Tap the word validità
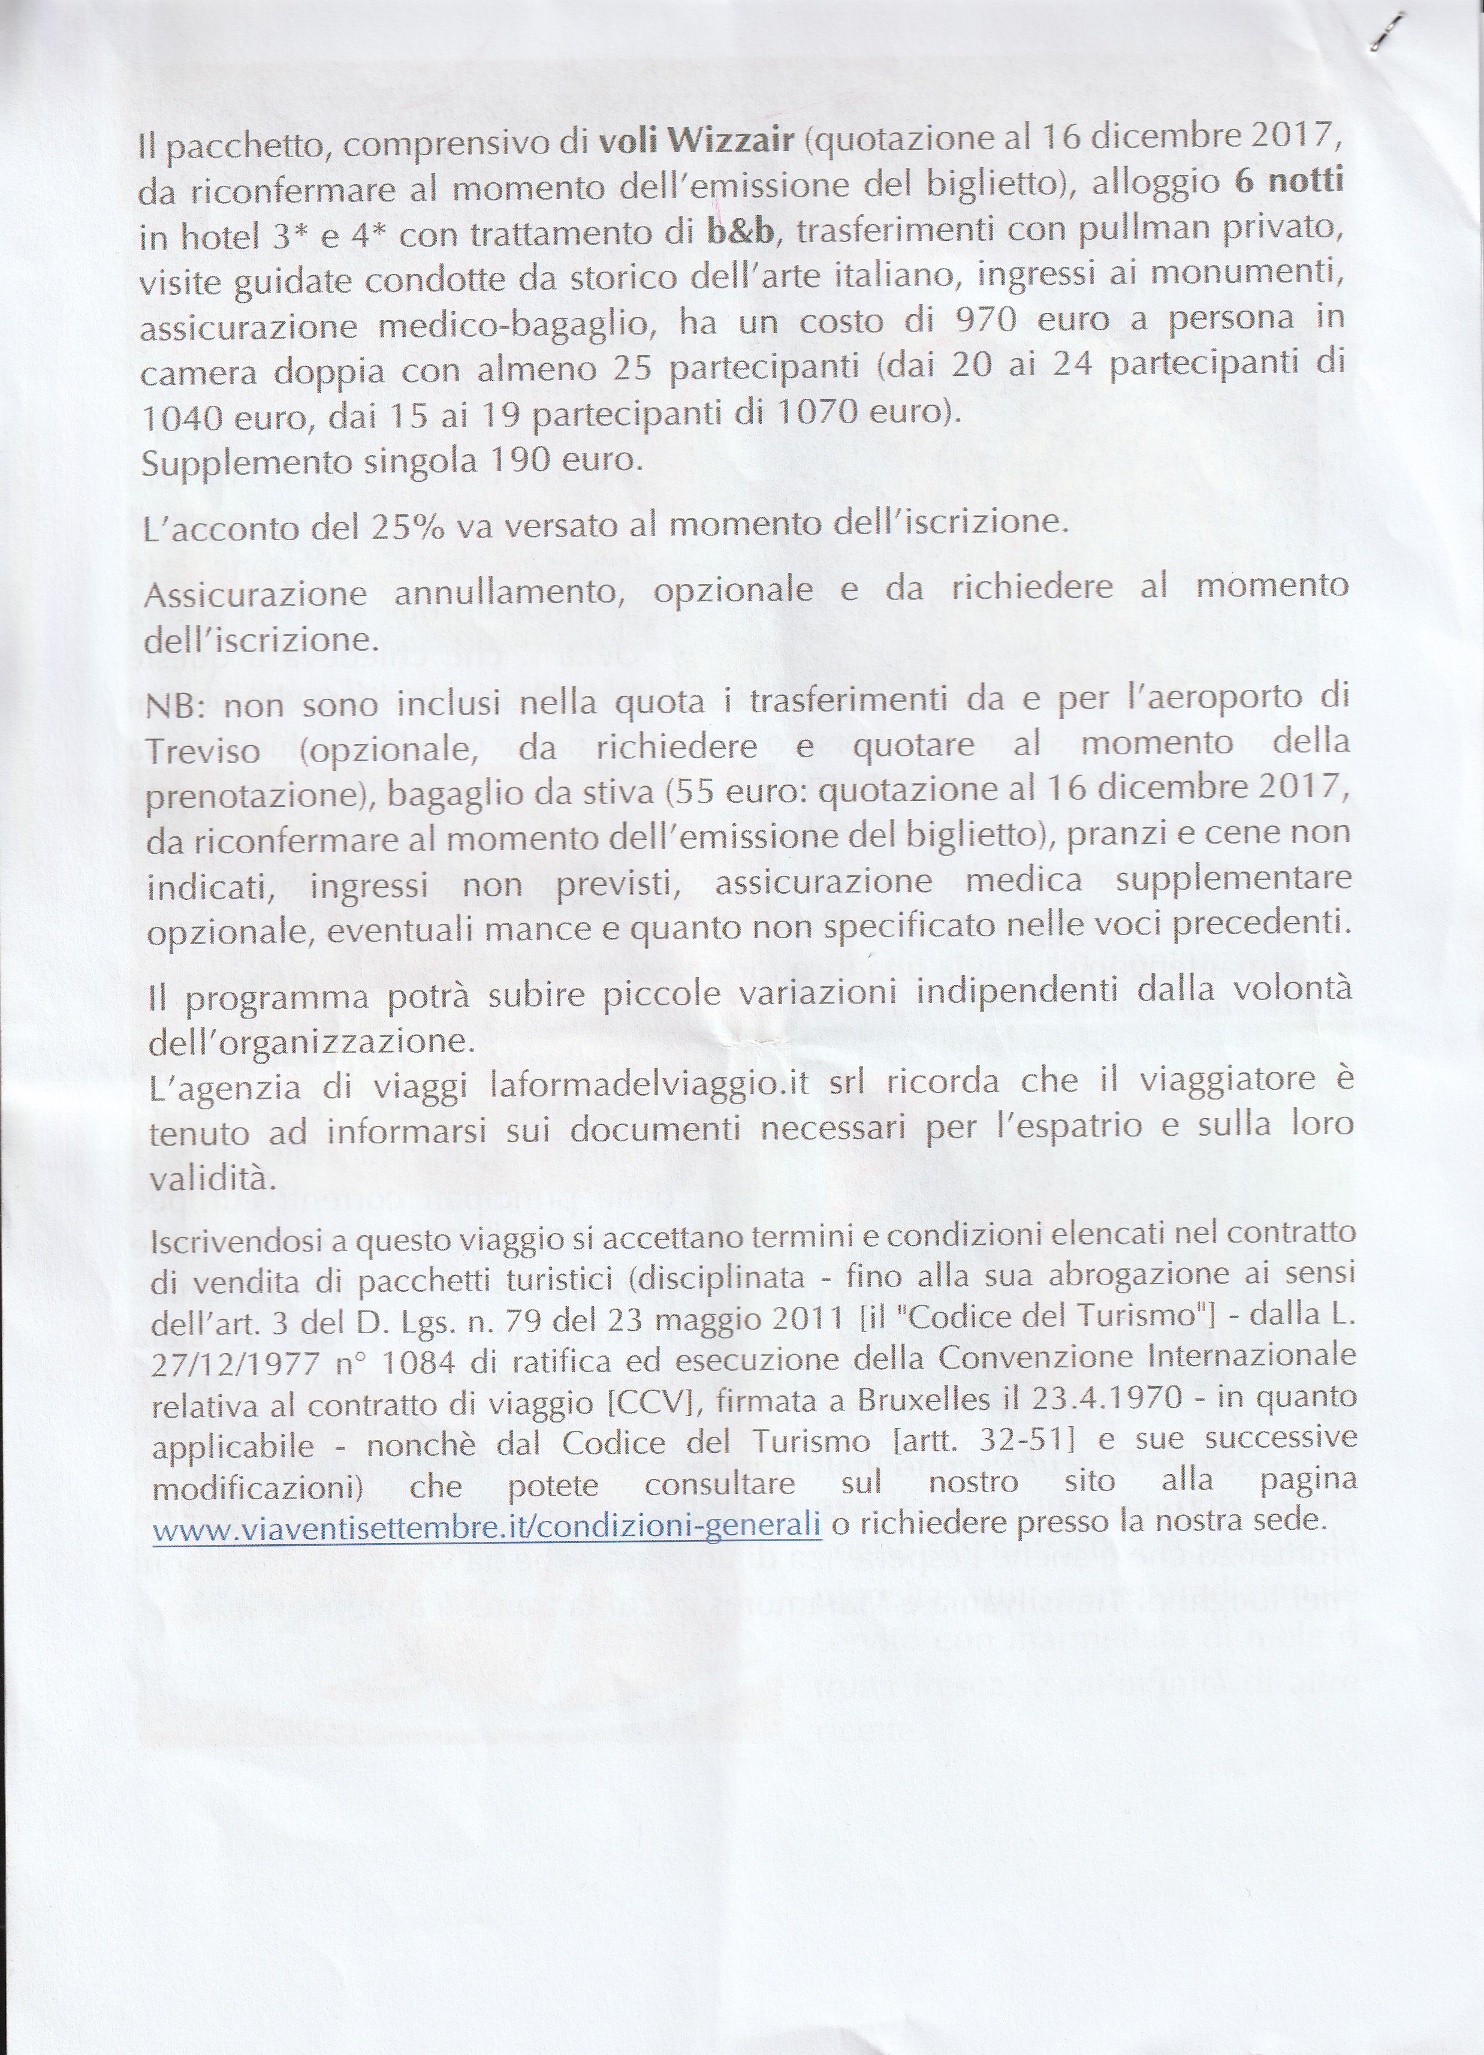pos(211,1179)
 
